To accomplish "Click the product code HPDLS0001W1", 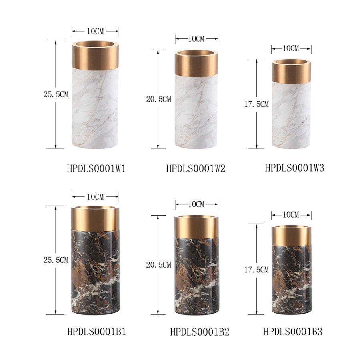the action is [x=96, y=169].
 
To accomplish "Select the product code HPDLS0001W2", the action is [x=196, y=169].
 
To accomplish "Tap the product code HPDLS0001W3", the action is [x=294, y=168].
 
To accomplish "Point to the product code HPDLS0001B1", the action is [x=97, y=332].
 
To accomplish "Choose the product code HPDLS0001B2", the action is [x=200, y=332].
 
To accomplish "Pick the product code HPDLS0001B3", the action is [x=293, y=332].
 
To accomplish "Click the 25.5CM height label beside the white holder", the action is [x=56, y=94].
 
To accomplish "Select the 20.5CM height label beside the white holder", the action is [x=159, y=99].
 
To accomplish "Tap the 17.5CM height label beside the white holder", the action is [x=256, y=104].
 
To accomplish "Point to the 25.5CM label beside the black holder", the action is [x=56, y=260].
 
